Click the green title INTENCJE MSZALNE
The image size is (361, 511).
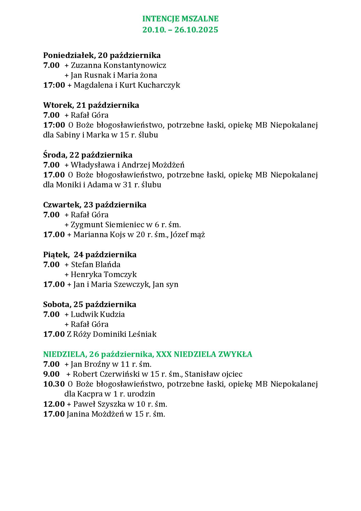(x=180, y=19)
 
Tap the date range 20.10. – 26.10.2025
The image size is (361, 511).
(x=180, y=30)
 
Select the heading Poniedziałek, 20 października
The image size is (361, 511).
(x=102, y=55)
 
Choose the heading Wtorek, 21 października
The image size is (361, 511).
(x=91, y=105)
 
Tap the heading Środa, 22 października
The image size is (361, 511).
(x=88, y=155)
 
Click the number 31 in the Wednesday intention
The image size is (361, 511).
(x=128, y=185)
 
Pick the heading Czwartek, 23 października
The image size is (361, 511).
(x=95, y=205)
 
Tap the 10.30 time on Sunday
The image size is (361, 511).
(x=54, y=384)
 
